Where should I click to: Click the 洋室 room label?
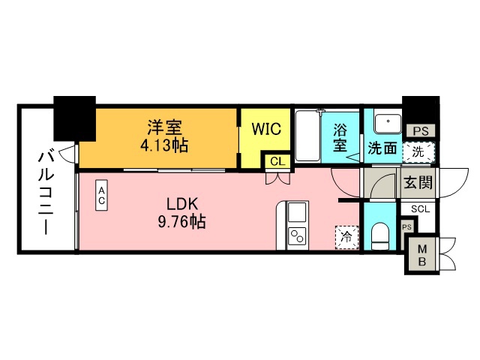pos(163,128)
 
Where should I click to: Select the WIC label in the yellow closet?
pos(265,129)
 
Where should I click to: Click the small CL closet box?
pos(275,161)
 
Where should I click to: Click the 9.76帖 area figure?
pos(181,222)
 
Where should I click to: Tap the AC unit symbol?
pos(100,196)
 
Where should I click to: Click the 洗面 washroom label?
pos(382,148)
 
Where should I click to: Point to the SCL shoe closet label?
pos(418,208)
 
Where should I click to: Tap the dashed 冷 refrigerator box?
pos(346,237)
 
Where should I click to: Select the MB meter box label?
pos(421,255)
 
